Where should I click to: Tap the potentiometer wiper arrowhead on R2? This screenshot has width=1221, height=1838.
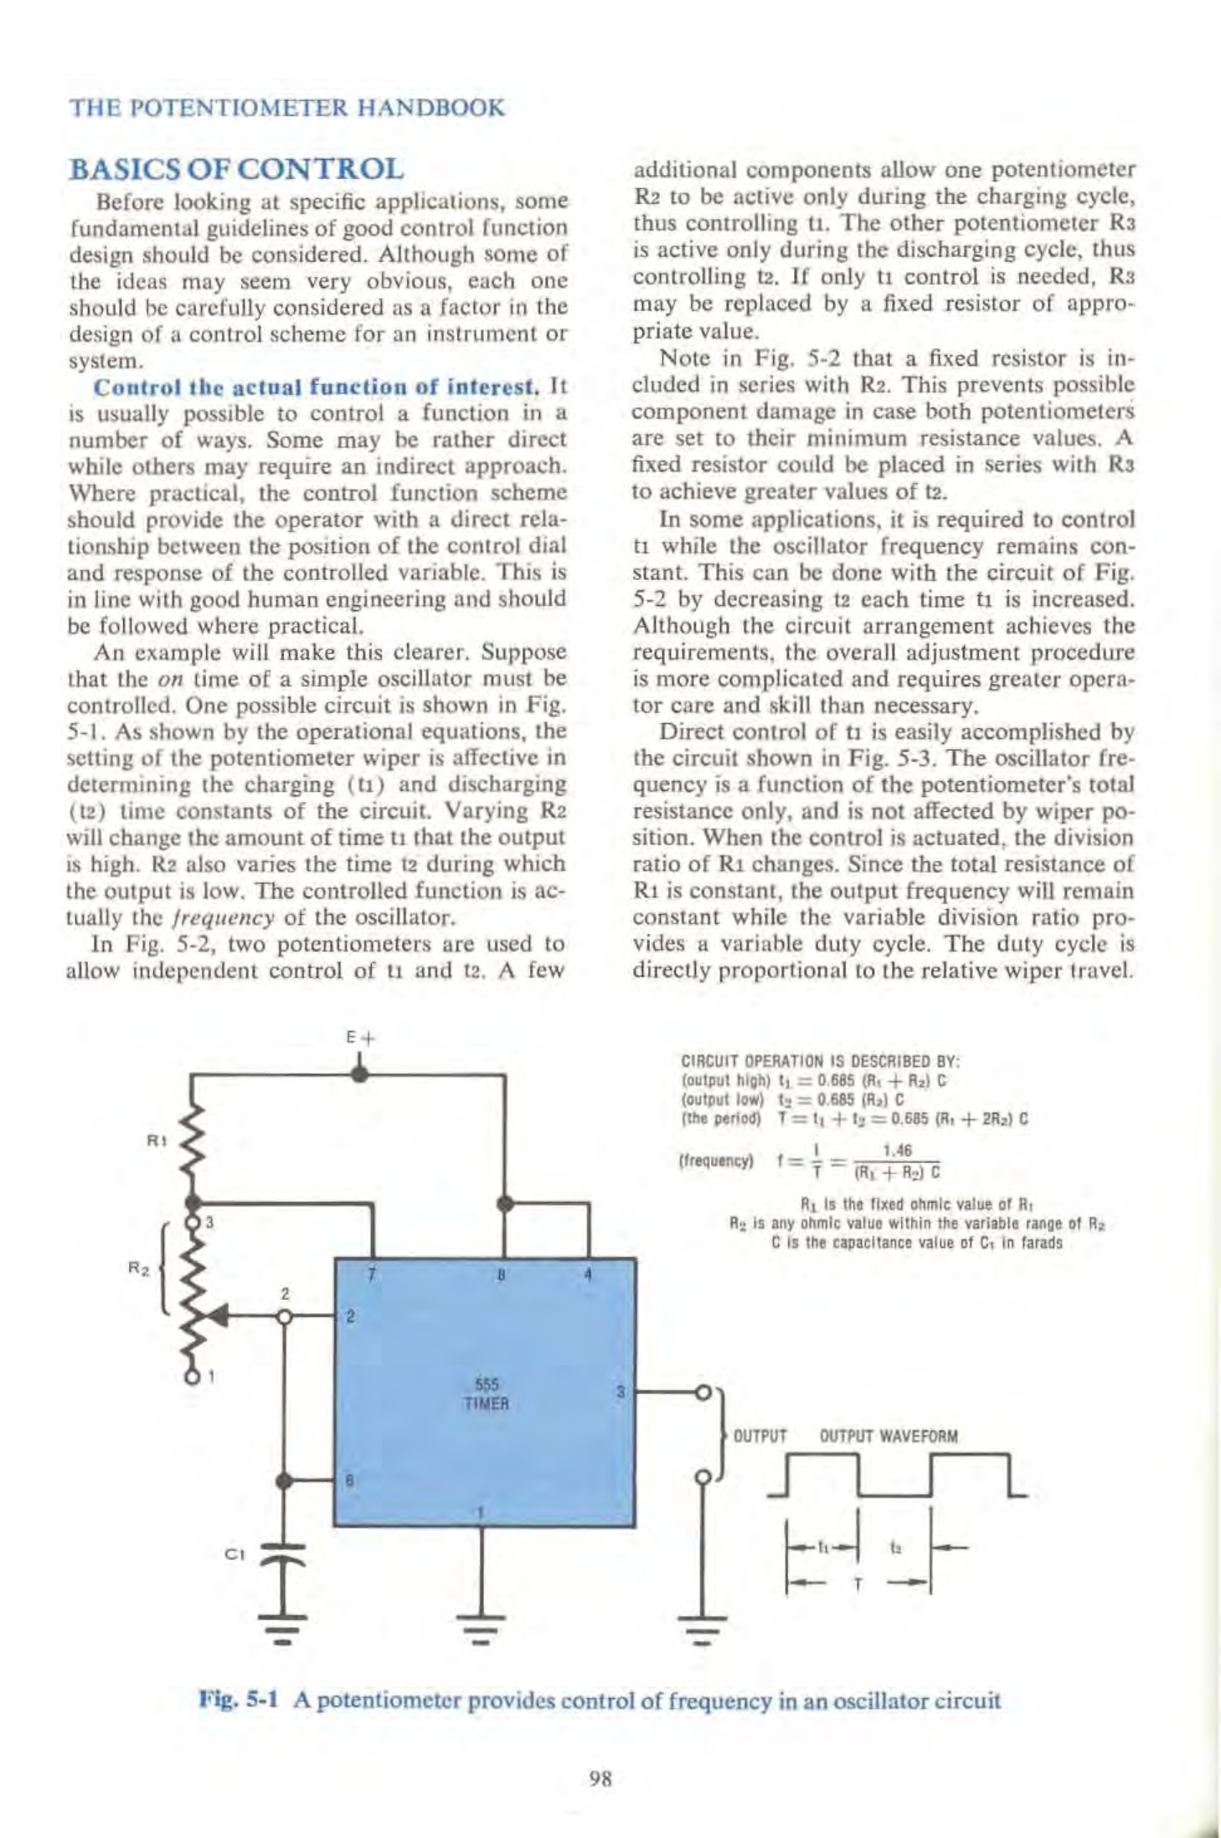click(x=217, y=1316)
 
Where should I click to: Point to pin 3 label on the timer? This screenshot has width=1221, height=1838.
click(x=621, y=1393)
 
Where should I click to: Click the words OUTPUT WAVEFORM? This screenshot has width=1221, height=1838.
click(x=889, y=1437)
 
